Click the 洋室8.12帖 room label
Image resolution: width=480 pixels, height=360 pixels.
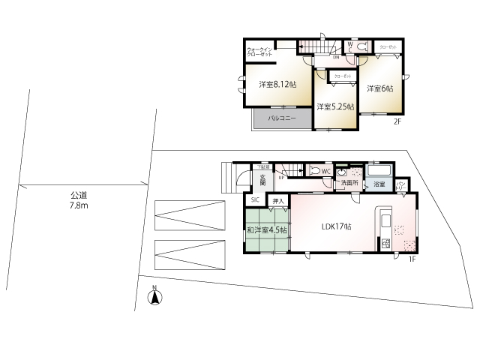click(277, 85)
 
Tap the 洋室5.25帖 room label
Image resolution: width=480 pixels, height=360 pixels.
click(334, 106)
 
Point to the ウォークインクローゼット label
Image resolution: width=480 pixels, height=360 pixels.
click(259, 53)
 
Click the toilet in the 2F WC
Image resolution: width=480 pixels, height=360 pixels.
click(363, 46)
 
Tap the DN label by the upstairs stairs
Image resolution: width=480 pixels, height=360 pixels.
click(335, 57)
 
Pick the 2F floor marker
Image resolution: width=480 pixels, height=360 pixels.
click(398, 122)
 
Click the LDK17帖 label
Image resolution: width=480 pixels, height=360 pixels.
click(337, 227)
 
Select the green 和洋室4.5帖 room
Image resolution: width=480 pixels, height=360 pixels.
click(265, 231)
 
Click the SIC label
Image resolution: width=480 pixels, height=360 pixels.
click(255, 199)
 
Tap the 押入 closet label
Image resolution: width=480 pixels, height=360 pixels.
click(277, 200)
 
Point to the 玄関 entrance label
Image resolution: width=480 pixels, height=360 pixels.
click(262, 181)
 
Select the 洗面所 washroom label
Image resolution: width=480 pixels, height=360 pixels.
click(349, 183)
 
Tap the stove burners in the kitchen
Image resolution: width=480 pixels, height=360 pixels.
click(386, 244)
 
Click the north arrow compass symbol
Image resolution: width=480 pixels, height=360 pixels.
click(156, 298)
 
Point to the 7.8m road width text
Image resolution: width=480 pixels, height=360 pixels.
click(79, 205)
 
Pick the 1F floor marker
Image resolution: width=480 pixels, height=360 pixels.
click(411, 259)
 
